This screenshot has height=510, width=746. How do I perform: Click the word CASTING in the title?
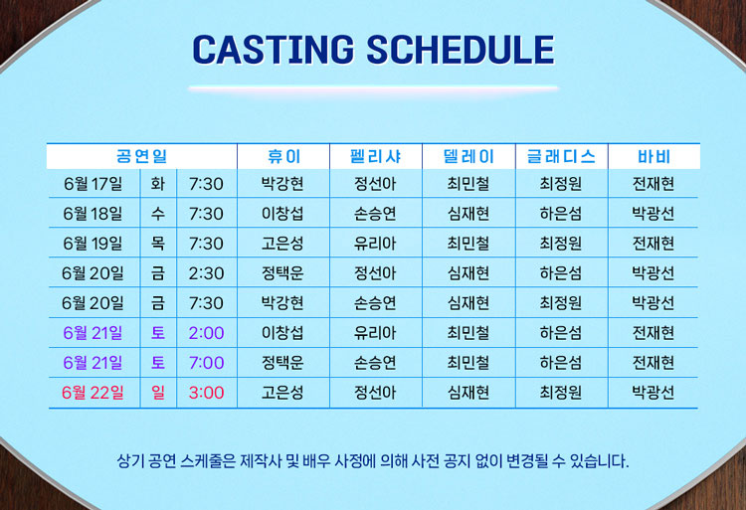pyautogui.click(x=274, y=50)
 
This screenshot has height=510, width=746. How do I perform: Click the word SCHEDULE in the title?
pyautogui.click(x=461, y=50)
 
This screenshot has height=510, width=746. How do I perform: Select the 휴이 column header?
pyautogui.click(x=283, y=156)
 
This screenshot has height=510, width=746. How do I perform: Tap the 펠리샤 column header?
pyautogui.click(x=375, y=156)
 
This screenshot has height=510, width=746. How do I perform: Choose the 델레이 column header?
pyautogui.click(x=468, y=156)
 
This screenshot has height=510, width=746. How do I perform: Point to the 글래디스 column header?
pyautogui.click(x=561, y=156)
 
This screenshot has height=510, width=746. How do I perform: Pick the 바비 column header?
pyautogui.click(x=653, y=156)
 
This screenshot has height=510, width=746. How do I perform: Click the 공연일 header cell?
pyautogui.click(x=142, y=156)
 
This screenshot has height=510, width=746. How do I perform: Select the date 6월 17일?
pyautogui.click(x=93, y=184)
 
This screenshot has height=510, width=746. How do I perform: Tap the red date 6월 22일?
pyautogui.click(x=93, y=393)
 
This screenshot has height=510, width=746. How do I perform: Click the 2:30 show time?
pyautogui.click(x=206, y=273)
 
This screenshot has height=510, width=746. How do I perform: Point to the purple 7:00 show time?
pyautogui.click(x=206, y=363)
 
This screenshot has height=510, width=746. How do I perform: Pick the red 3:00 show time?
pyautogui.click(x=206, y=393)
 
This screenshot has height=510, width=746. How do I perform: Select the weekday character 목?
pyautogui.click(x=158, y=244)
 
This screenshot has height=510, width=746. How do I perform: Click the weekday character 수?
pyautogui.click(x=158, y=214)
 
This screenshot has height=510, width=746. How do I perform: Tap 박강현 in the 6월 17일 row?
pyautogui.click(x=282, y=184)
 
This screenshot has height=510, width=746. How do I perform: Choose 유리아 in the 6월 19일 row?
pyautogui.click(x=375, y=244)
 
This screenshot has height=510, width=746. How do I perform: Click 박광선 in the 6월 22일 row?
pyautogui.click(x=653, y=393)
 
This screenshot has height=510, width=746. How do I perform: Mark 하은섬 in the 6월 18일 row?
pyautogui.click(x=560, y=214)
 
